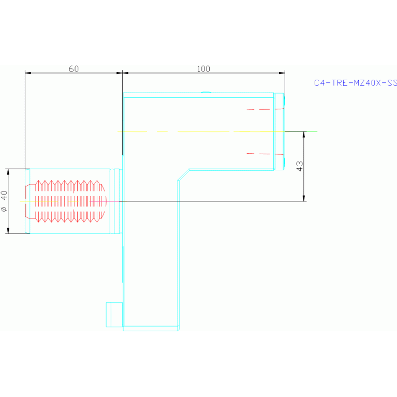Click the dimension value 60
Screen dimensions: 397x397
(x=73, y=69)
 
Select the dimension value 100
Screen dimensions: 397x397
(x=203, y=69)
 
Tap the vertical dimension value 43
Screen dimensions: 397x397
(x=300, y=166)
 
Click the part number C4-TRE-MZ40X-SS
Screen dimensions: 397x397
(x=355, y=82)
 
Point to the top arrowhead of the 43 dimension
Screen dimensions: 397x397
(x=304, y=135)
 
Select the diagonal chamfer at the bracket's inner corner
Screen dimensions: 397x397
(x=184, y=174)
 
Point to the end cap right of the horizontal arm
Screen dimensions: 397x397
(x=280, y=131)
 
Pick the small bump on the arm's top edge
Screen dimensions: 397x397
(x=205, y=92)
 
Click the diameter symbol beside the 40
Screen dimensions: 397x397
(x=5, y=209)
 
